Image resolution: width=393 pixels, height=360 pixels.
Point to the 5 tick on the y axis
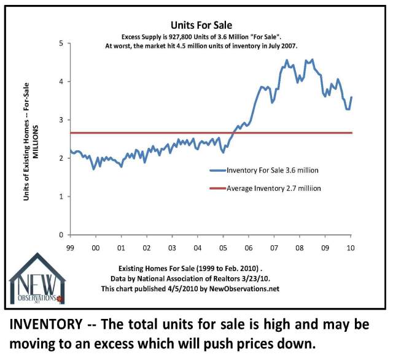tap(61, 43)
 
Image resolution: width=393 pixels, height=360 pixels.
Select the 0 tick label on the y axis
tap(61, 235)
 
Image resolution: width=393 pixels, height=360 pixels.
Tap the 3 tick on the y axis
tap(61, 120)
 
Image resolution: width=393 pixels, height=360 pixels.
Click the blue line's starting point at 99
tap(70, 151)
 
